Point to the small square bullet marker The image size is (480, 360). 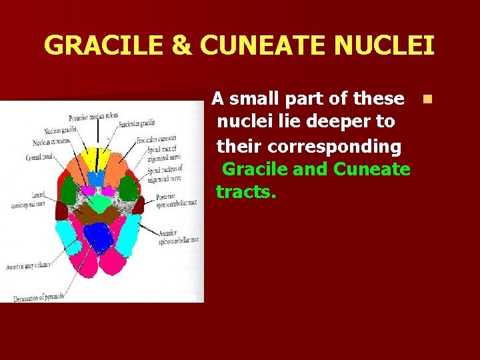pyautogui.click(x=427, y=99)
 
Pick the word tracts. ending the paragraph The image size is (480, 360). pyautogui.click(x=246, y=193)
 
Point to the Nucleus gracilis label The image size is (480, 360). pyautogui.click(x=60, y=130)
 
